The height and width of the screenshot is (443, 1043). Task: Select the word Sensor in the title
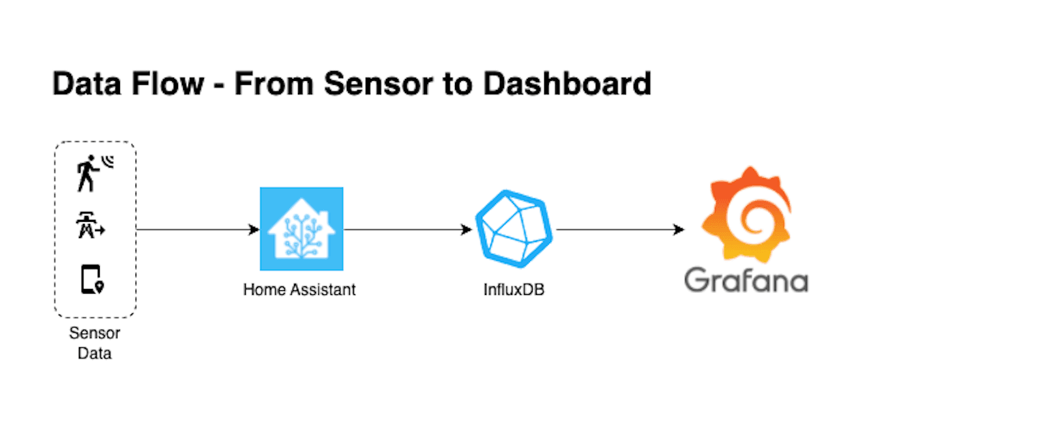pyautogui.click(x=377, y=84)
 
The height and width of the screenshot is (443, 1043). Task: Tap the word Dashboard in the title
pyautogui.click(x=566, y=84)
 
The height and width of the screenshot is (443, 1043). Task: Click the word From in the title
pyautogui.click(x=274, y=84)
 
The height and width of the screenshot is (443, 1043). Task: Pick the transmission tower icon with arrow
pyautogui.click(x=90, y=225)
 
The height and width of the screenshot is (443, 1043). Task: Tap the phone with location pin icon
pyautogui.click(x=92, y=279)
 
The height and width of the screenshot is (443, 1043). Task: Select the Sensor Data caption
pyautogui.click(x=95, y=343)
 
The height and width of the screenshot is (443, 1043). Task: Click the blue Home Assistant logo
pyautogui.click(x=301, y=229)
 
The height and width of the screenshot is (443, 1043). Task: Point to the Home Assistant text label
pyautogui.click(x=299, y=290)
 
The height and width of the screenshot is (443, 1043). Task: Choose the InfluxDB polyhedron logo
pyautogui.click(x=514, y=228)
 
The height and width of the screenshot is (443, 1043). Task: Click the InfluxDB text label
pyautogui.click(x=514, y=290)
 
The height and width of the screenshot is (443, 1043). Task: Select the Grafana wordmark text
pyautogui.click(x=746, y=281)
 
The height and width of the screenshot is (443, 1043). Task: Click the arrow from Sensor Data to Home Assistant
pyautogui.click(x=196, y=230)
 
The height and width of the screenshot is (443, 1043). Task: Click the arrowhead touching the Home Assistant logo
pyautogui.click(x=254, y=230)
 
